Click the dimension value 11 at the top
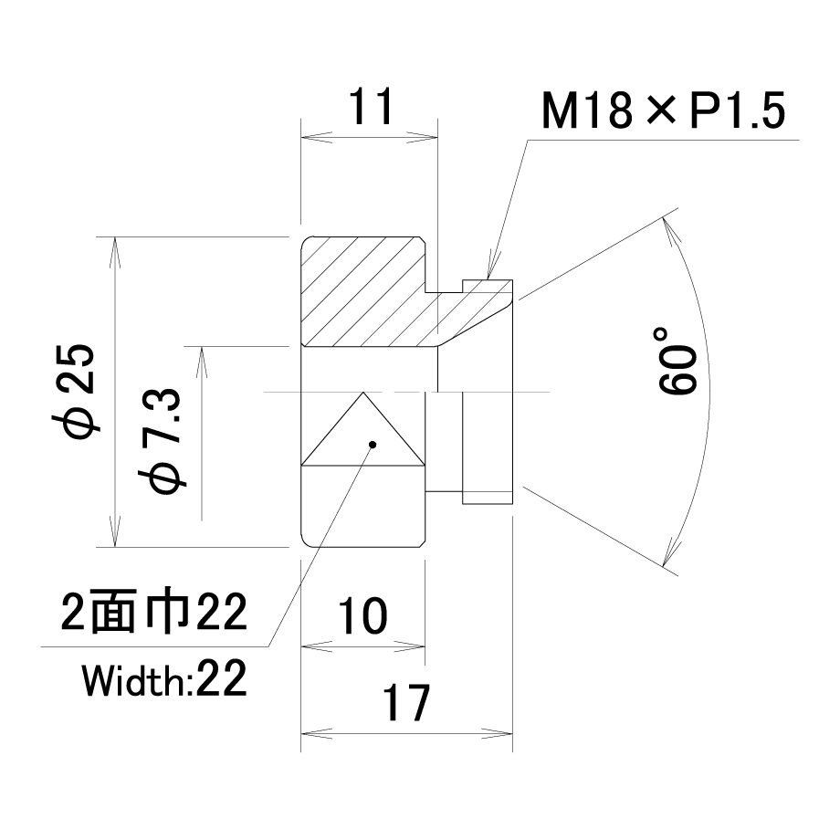tap(371, 106)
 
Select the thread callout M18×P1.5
tap(663, 110)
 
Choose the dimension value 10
tap(362, 616)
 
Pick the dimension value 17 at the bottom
tap(405, 702)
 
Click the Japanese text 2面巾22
tap(153, 612)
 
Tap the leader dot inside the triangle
tap(373, 444)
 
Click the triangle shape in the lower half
tap(363, 428)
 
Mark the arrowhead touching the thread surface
tap(490, 268)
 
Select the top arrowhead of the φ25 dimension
tap(115, 252)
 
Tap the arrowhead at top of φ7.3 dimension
tap(202, 362)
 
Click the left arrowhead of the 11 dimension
tap(316, 137)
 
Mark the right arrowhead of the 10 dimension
tap(410, 646)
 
